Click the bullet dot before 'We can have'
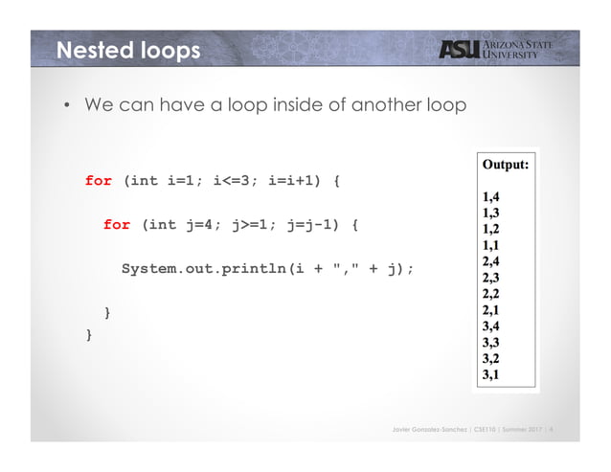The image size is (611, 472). (x=68, y=105)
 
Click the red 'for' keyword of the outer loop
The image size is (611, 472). (x=99, y=181)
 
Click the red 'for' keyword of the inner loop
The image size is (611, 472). (x=117, y=225)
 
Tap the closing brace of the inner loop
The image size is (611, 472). (x=107, y=313)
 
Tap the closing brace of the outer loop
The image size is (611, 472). (x=89, y=335)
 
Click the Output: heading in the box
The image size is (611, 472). (x=506, y=165)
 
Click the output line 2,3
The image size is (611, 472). (x=490, y=277)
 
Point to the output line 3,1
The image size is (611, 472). (x=490, y=374)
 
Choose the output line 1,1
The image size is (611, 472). (x=490, y=244)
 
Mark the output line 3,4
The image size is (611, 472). (x=490, y=326)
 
